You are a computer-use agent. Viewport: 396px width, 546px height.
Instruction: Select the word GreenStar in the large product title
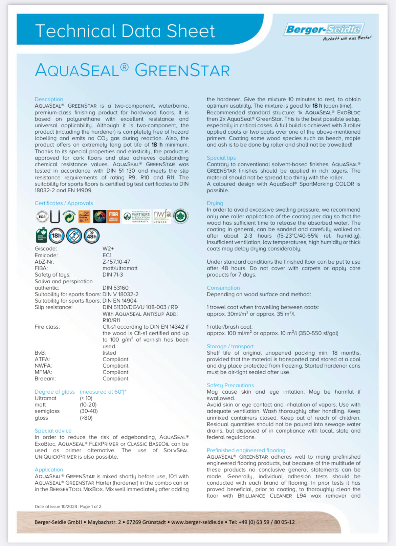(x=182, y=70)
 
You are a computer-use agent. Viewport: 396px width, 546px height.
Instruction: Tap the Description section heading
(x=49, y=99)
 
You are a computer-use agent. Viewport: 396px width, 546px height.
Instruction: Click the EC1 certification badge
(x=42, y=217)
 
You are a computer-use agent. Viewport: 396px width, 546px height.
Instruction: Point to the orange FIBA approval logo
(x=113, y=217)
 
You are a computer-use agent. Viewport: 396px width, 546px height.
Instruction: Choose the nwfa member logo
(x=162, y=216)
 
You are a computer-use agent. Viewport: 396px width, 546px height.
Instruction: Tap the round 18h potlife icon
(x=57, y=236)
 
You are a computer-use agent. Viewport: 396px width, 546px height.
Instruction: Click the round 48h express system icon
(x=92, y=236)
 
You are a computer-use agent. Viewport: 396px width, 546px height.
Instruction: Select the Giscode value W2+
(x=108, y=249)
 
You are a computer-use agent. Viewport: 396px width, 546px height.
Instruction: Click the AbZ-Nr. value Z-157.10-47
(x=116, y=262)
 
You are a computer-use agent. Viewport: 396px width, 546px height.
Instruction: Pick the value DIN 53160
(x=115, y=288)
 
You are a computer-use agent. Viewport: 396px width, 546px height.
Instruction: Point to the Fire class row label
(x=47, y=327)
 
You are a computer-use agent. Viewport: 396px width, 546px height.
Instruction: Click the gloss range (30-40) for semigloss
(x=89, y=411)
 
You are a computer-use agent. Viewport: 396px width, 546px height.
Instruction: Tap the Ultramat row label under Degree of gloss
(x=45, y=398)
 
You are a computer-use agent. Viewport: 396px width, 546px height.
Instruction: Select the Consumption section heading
(x=223, y=288)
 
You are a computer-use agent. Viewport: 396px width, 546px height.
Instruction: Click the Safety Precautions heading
(x=230, y=385)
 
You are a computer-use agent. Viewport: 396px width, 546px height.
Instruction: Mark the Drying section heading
(x=215, y=203)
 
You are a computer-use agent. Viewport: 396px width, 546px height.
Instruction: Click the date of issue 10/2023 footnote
(x=68, y=506)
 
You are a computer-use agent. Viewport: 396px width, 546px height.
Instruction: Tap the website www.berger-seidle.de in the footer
(x=197, y=522)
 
